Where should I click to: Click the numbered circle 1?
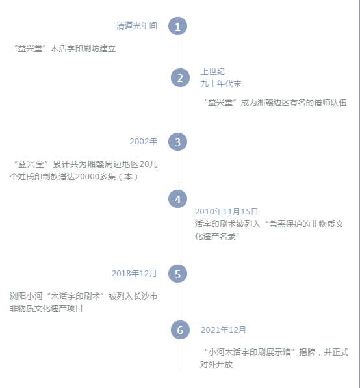[x=177, y=26]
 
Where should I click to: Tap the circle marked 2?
[x=180, y=78]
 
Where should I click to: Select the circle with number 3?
[x=177, y=142]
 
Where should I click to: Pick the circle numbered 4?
[x=177, y=199]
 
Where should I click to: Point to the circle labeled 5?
[x=177, y=274]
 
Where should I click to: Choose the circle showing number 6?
[x=180, y=330]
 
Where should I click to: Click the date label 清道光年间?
[x=137, y=26]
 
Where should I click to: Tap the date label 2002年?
[x=144, y=141]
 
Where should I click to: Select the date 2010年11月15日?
[x=226, y=212]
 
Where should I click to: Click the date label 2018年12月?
[x=134, y=273]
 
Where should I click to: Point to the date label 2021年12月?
[x=223, y=330]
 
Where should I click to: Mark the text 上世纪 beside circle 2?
[x=212, y=71]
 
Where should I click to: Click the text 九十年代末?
[x=221, y=84]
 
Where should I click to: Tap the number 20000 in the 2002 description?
[x=87, y=177]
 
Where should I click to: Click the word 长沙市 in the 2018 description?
[x=146, y=296]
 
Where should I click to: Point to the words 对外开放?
[x=216, y=364]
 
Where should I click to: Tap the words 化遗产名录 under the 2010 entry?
[x=215, y=237]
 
